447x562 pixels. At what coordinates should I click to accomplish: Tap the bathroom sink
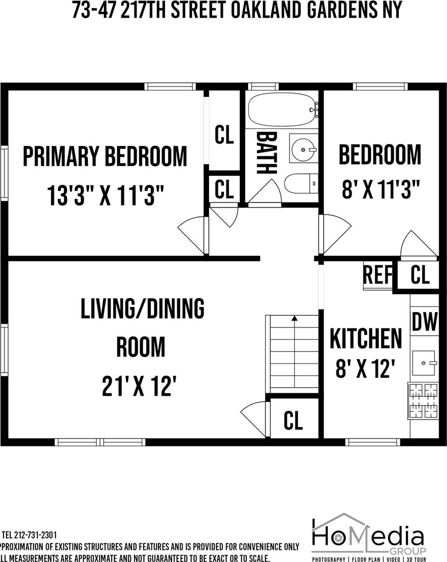point(303,149)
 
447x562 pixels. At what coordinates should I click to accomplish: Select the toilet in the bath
point(301,183)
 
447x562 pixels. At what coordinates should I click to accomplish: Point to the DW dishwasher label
point(424,322)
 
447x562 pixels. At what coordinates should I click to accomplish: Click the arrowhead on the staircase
point(294,319)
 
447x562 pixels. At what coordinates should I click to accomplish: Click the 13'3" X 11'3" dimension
point(105,195)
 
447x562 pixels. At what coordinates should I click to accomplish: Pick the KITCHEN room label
point(366,338)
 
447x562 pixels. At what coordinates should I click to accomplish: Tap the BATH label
point(267,153)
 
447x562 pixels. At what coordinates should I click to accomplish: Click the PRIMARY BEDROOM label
point(105,156)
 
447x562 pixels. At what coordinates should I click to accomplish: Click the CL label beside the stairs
point(293,420)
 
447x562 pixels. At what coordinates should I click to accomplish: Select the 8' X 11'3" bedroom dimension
point(380,190)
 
